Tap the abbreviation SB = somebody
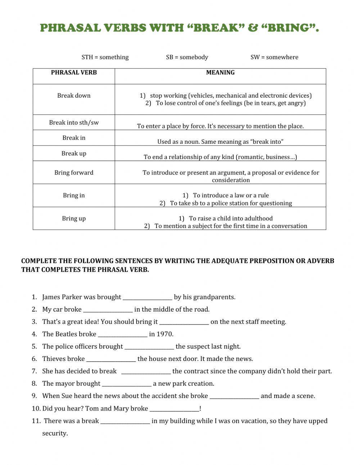[187, 57]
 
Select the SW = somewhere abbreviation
[274, 57]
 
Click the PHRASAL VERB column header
[74, 72]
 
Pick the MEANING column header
[220, 72]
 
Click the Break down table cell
[74, 95]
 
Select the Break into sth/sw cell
[74, 122]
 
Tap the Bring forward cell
[74, 173]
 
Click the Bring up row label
[74, 218]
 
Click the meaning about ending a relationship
[220, 157]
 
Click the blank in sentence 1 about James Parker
[147, 298]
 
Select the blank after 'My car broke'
[108, 310]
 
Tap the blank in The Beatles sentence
[122, 335]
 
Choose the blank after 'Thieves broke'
[111, 359]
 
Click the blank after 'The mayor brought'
[126, 384]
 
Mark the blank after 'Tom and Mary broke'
[174, 409]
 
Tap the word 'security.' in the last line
[55, 433]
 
